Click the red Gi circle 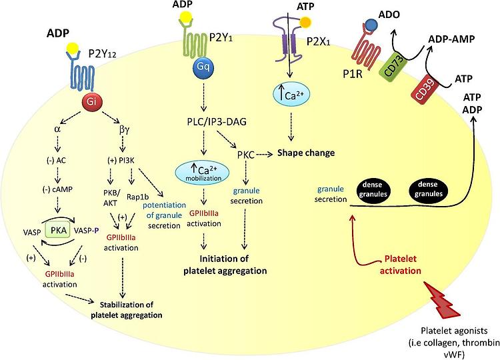tap(91, 102)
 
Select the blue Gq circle tap(203, 67)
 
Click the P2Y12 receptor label tap(102, 54)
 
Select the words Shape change tap(306, 153)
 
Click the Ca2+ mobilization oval tap(203, 173)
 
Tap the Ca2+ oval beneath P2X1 tap(291, 95)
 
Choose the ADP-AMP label tap(451, 39)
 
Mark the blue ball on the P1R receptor tap(370, 25)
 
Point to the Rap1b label tap(137, 197)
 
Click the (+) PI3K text tap(120, 160)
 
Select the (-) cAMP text tap(57, 189)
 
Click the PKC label tap(245, 155)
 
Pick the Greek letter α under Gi tap(57, 129)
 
